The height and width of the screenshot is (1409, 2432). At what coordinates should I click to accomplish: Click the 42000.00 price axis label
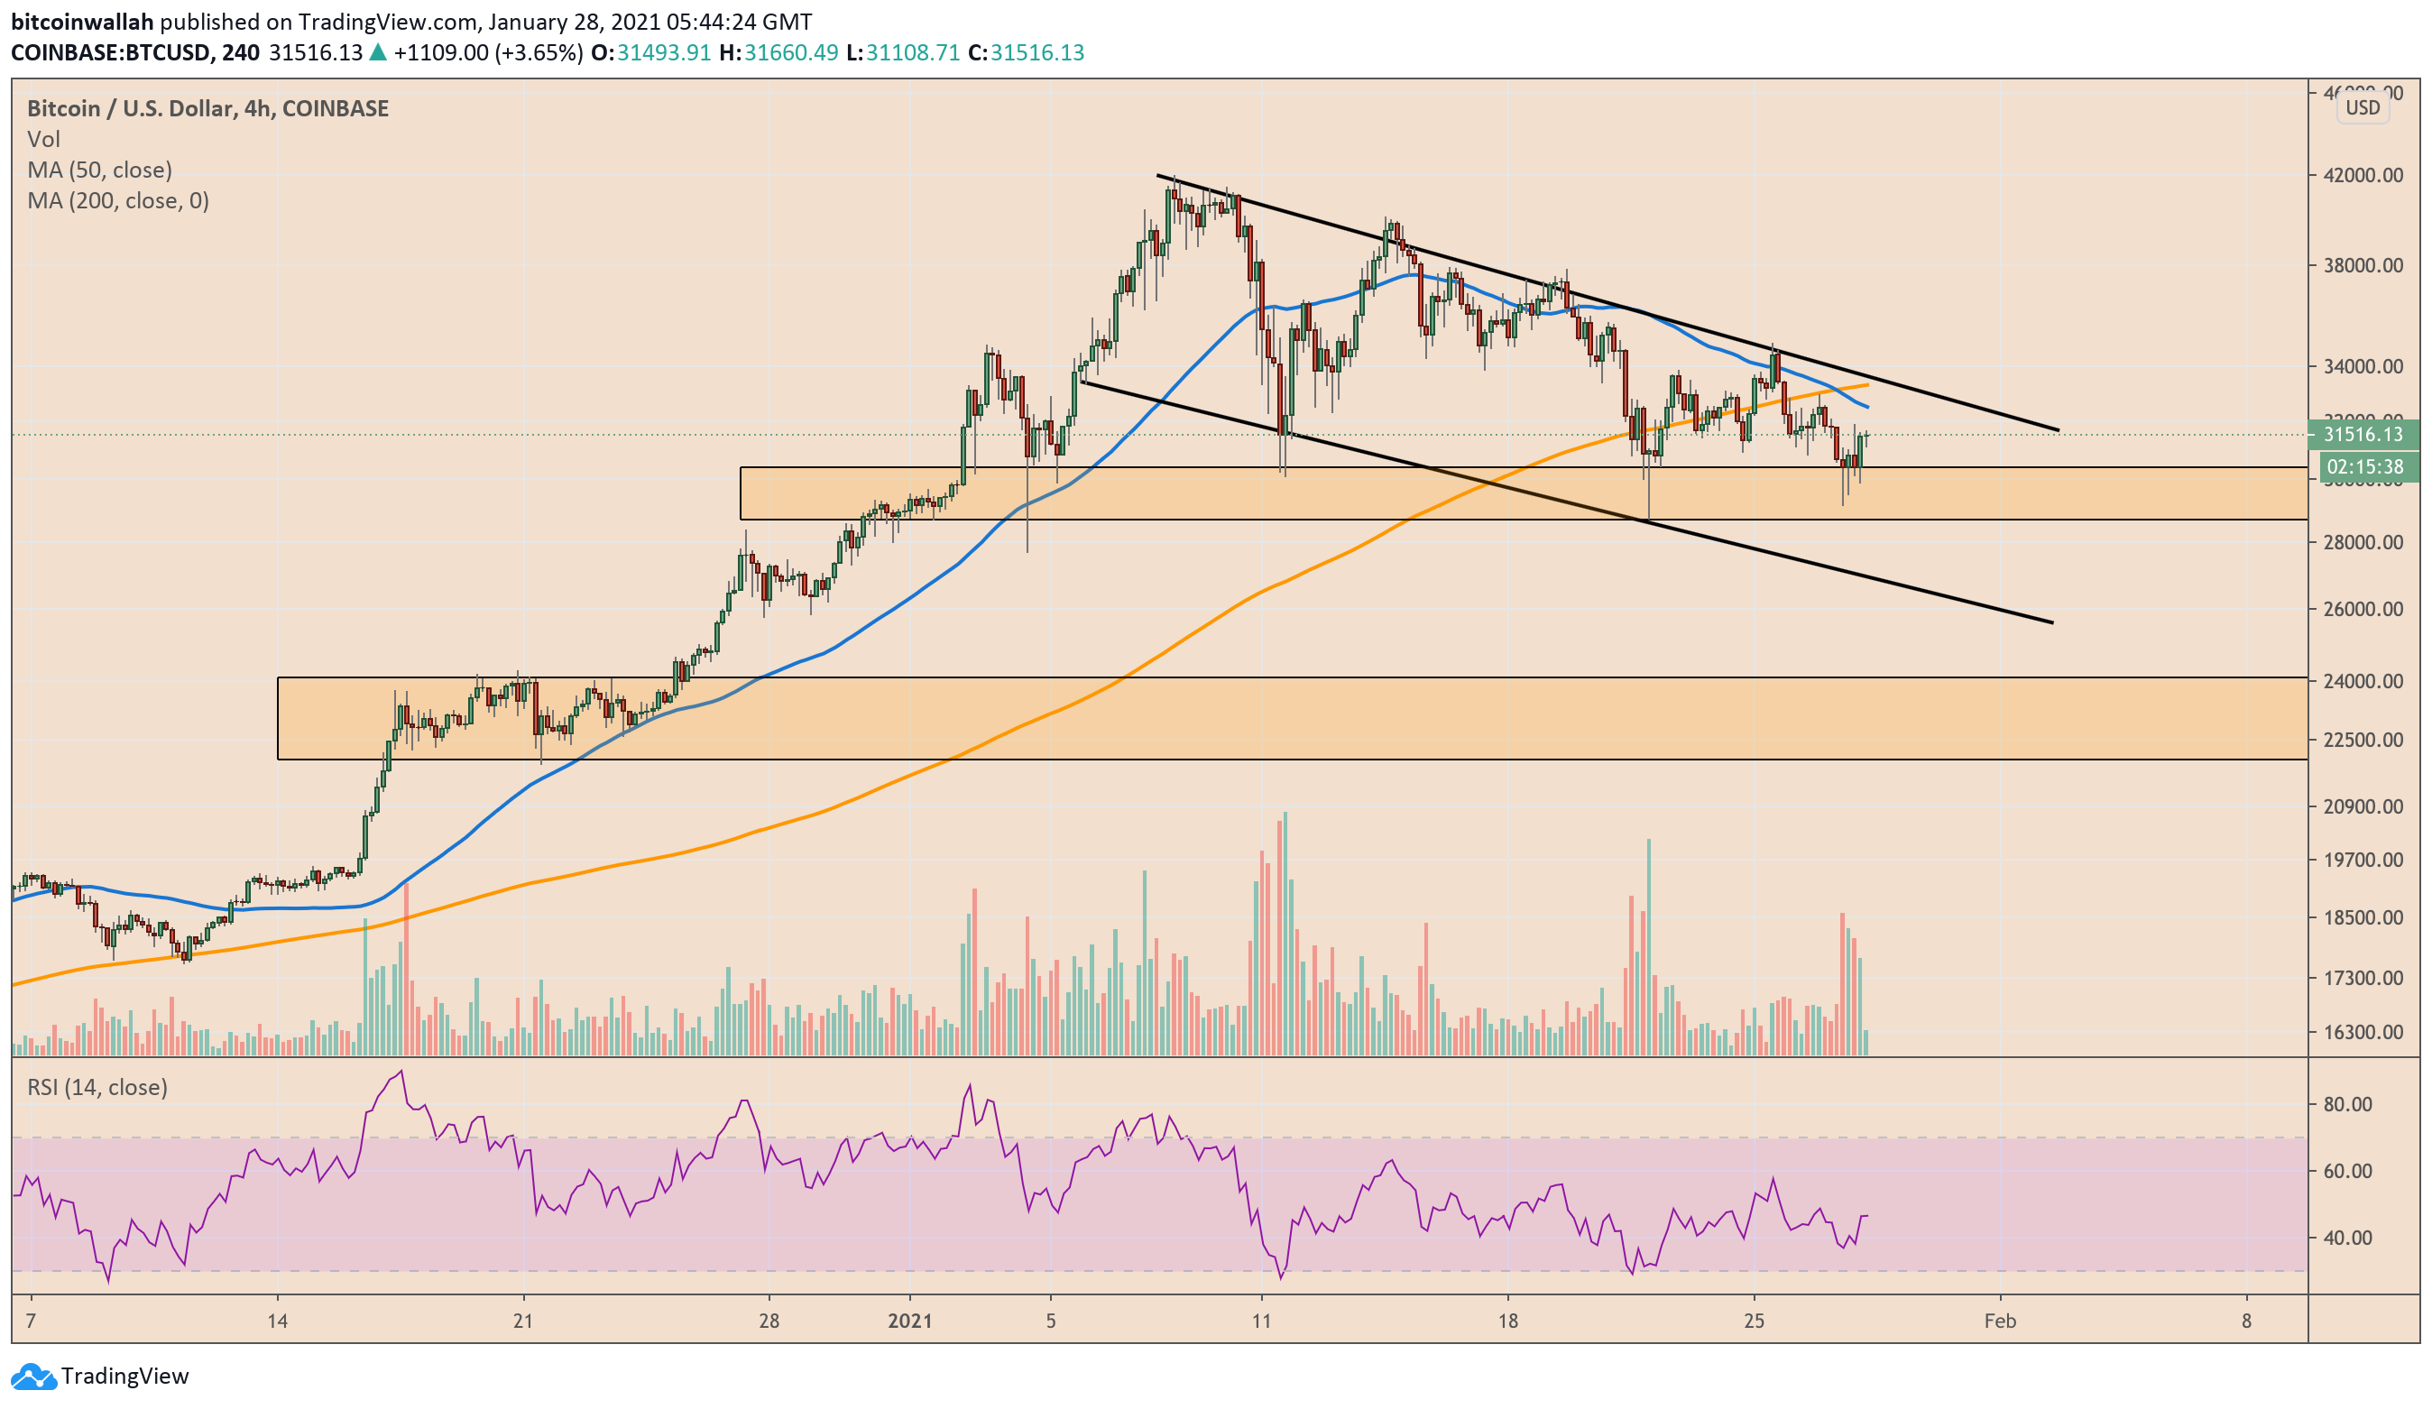(2363, 175)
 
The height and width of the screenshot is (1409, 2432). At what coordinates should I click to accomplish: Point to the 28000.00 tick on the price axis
(2363, 542)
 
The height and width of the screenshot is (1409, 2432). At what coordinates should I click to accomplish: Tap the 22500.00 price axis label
(2363, 741)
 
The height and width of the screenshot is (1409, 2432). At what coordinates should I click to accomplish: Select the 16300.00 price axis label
(2363, 1032)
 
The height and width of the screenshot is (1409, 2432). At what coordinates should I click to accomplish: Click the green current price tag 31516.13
(2363, 434)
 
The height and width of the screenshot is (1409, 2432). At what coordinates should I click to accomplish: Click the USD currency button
(2363, 107)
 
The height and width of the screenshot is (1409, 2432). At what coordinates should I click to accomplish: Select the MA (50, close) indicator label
(99, 170)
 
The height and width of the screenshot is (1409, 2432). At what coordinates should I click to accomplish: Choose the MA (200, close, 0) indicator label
(118, 201)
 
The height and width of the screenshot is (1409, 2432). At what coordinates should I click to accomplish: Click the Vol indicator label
(43, 139)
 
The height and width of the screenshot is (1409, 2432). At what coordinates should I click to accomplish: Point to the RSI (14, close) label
(97, 1088)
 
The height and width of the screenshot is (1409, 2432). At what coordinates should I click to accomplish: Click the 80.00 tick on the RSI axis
(2347, 1104)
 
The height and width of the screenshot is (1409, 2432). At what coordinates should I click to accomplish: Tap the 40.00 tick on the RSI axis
(2347, 1238)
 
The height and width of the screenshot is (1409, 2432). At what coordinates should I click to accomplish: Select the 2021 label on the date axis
(909, 1321)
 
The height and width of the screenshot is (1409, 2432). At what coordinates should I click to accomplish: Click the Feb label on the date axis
(2000, 1321)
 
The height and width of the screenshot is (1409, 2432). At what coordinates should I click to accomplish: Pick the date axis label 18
(1507, 1321)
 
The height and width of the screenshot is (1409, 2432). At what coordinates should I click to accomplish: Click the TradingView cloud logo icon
(32, 1377)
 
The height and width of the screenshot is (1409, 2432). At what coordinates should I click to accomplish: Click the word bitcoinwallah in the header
(82, 22)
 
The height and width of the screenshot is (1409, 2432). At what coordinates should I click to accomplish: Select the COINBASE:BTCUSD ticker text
(110, 52)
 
